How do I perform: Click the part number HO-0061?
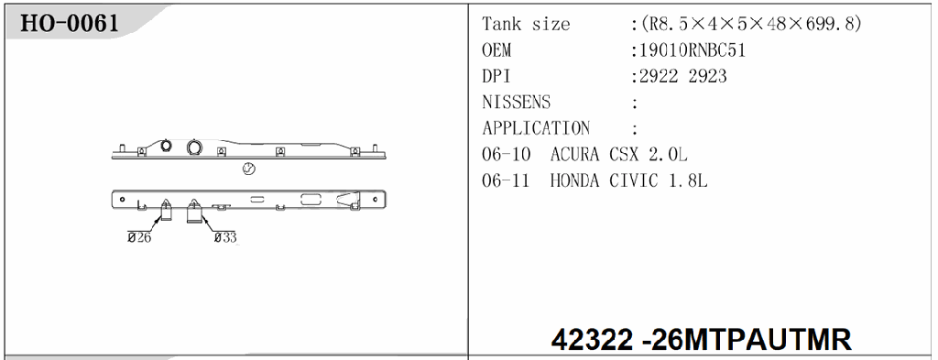[70, 23]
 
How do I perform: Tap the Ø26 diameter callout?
[139, 237]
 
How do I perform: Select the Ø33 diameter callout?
[224, 237]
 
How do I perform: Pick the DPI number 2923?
[707, 77]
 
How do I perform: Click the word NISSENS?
[517, 103]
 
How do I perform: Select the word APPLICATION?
[536, 128]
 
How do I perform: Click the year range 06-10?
[507, 155]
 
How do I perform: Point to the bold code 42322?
[592, 340]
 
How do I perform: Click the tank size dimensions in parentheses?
[750, 25]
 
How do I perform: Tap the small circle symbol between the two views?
[248, 169]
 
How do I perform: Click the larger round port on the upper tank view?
[195, 147]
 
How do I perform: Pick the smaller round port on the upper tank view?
[166, 147]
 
